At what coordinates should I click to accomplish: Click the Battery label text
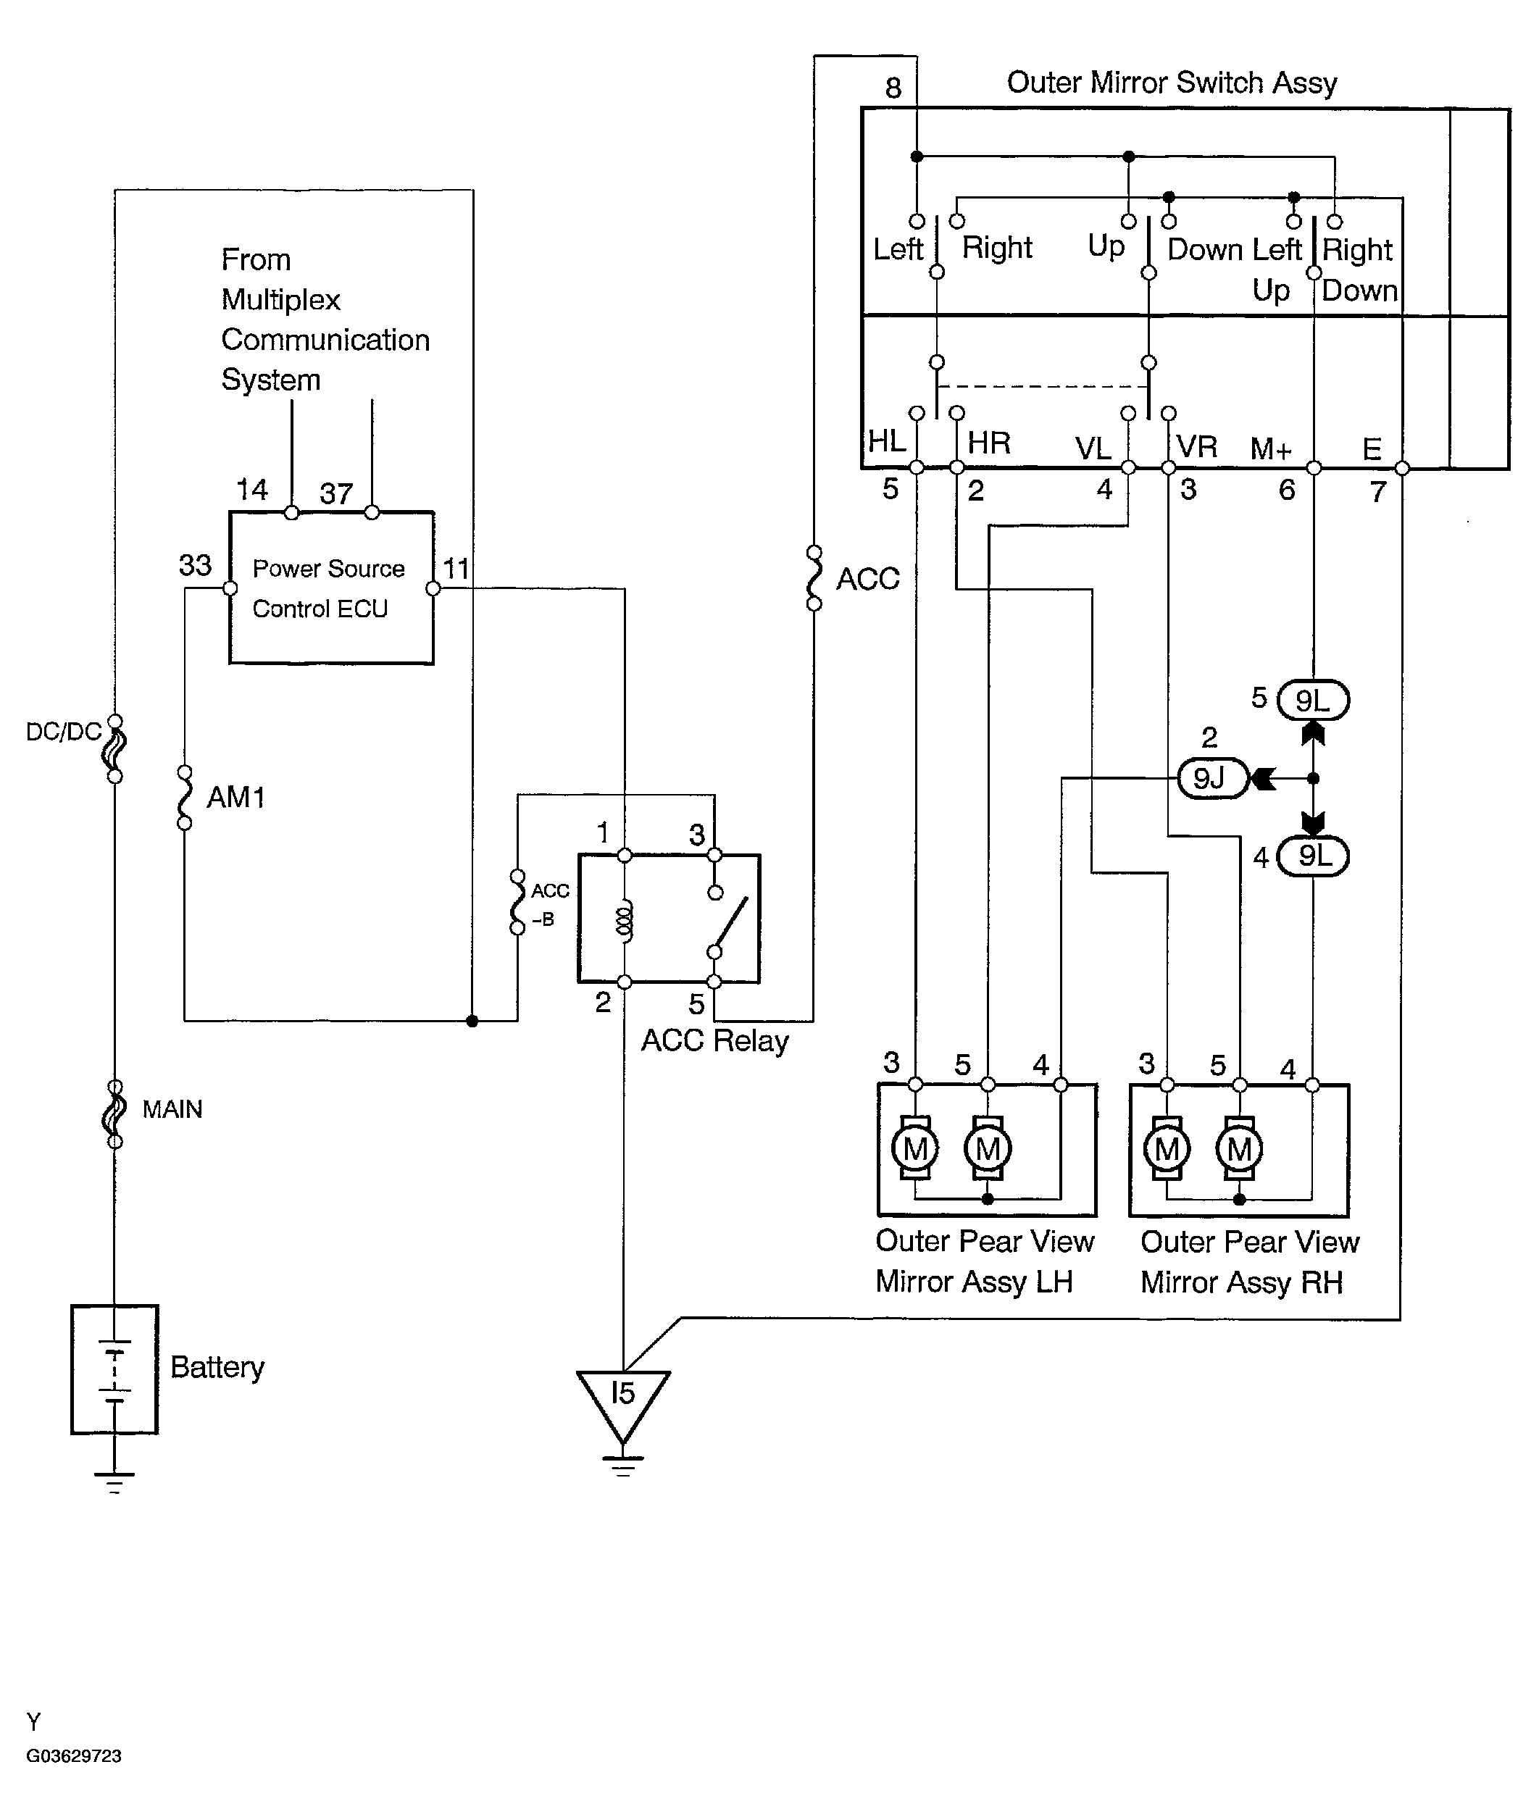[x=217, y=1367]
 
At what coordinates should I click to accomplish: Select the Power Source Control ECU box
[x=332, y=588]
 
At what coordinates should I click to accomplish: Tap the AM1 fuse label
[x=235, y=797]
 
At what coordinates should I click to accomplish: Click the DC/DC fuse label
[x=63, y=731]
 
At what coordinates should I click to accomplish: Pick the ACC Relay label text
[x=714, y=1040]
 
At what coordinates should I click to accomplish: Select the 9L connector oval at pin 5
[x=1313, y=700]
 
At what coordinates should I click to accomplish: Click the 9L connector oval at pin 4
[x=1313, y=856]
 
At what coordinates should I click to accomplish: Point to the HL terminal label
[x=886, y=441]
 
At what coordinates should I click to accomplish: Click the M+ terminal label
[x=1270, y=448]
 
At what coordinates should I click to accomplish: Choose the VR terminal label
[x=1196, y=446]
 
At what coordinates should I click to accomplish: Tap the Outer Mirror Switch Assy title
[x=1171, y=83]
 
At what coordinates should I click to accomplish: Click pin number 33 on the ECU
[x=196, y=565]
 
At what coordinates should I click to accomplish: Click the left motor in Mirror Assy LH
[x=915, y=1149]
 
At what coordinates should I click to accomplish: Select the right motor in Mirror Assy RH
[x=1240, y=1149]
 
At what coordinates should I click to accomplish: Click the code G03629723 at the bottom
[x=74, y=1756]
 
